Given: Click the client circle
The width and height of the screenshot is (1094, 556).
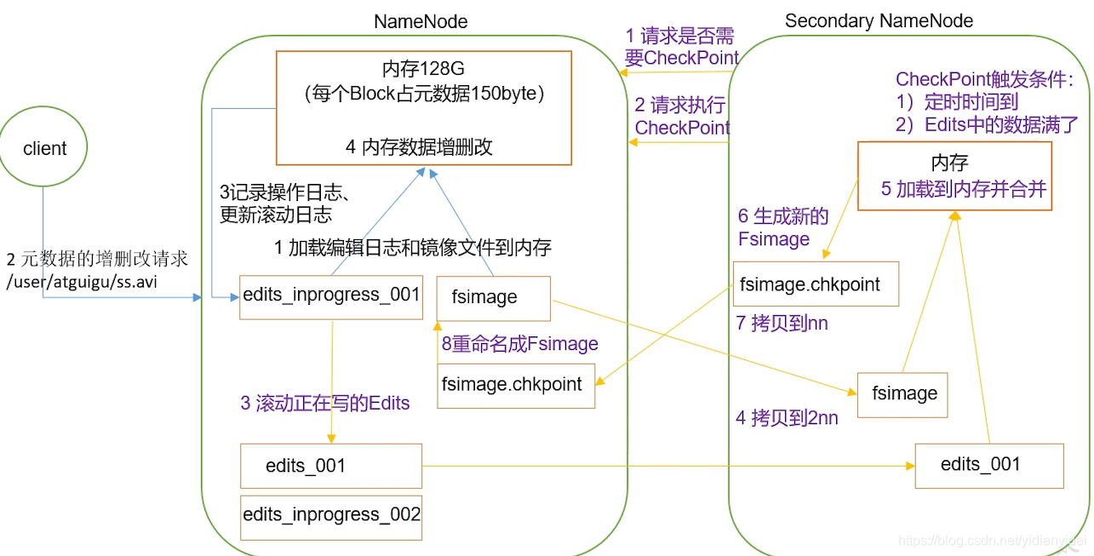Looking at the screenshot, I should [44, 149].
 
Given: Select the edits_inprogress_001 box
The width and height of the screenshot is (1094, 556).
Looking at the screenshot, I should [331, 295].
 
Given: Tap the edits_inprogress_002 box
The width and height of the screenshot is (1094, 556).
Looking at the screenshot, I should [331, 516].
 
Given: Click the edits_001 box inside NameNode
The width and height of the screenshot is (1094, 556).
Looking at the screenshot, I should [331, 466].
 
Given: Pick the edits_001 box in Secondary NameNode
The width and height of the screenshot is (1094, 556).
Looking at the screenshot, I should [988, 465].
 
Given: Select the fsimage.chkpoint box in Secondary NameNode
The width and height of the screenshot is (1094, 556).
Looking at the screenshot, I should [815, 284].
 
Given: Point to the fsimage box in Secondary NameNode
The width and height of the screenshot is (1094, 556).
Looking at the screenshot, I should [902, 394].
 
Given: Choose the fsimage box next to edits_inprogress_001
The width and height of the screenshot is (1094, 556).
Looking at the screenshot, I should [493, 298].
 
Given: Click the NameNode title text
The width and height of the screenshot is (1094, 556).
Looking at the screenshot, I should [421, 22].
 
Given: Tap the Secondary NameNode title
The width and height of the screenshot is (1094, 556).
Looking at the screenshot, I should [879, 21].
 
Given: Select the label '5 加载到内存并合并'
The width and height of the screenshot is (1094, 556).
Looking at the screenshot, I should [963, 189].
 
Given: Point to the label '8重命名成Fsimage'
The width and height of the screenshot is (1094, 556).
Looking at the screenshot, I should [519, 344].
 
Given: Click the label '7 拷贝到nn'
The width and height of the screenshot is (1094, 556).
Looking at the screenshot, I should [782, 324].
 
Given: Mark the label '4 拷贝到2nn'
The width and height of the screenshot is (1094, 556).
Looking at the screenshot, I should [787, 419].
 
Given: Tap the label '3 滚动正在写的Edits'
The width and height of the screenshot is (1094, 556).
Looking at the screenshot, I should [324, 404].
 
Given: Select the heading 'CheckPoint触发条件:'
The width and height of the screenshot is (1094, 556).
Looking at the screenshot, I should [984, 80].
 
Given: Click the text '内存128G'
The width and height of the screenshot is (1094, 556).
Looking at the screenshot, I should [423, 67].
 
